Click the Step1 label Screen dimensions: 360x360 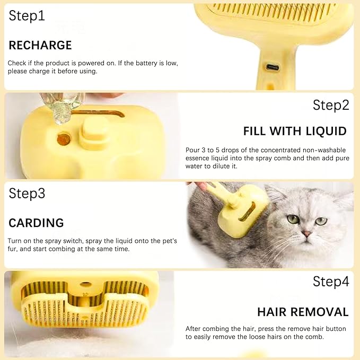tap(27, 16)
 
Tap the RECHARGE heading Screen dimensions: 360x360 tap(40, 45)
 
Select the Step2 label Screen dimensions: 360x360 tap(331, 105)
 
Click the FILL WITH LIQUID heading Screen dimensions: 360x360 tap(295, 131)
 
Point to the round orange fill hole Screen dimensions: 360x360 tap(64, 140)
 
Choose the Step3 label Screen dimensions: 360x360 tap(27, 194)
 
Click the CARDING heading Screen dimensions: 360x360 tap(36, 223)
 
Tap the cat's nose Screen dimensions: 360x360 tap(306, 233)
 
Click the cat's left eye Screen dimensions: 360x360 tap(293, 219)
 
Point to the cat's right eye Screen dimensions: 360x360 tap(321, 221)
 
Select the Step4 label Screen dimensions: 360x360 tap(331, 282)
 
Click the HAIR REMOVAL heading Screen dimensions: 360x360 tap(303, 312)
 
